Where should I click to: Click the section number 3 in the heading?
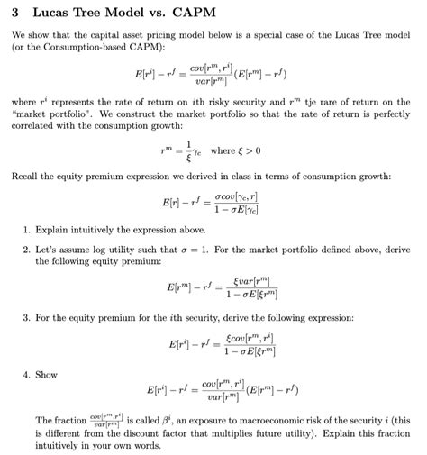15,14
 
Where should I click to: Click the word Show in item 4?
46,374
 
